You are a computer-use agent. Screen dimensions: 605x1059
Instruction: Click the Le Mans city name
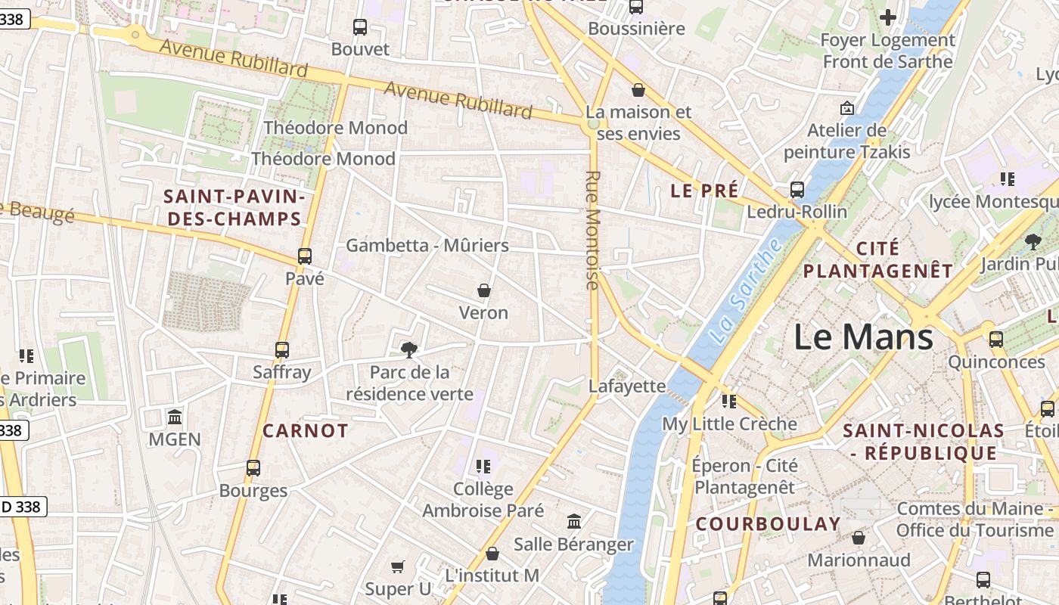863,337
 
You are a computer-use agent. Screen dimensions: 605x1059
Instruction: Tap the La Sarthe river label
748,290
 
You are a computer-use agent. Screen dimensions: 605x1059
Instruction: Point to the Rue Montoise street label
592,230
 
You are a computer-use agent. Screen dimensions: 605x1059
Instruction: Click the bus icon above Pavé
305,256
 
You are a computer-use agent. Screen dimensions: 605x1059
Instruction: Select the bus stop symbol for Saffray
282,350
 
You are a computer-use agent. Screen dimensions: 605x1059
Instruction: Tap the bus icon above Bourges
253,468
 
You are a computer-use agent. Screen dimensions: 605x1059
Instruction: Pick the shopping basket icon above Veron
484,290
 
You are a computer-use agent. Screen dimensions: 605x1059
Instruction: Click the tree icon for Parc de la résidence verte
409,349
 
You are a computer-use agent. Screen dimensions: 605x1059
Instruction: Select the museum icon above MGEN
175,417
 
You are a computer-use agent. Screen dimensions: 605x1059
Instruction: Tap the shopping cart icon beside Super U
398,566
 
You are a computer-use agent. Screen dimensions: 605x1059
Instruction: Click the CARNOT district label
306,431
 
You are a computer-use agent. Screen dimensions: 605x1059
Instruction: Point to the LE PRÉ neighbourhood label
704,191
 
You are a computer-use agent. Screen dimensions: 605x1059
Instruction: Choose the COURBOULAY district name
768,524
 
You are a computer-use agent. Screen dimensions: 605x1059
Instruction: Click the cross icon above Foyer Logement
888,17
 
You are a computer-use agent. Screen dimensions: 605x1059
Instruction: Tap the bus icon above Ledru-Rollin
797,190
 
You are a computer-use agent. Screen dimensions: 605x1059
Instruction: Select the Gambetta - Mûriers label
427,246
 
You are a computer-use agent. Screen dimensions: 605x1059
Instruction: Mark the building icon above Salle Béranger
574,522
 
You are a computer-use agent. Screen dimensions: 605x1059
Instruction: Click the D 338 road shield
23,507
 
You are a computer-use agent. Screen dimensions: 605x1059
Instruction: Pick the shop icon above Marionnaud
859,538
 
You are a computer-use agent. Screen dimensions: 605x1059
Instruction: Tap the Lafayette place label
627,386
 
